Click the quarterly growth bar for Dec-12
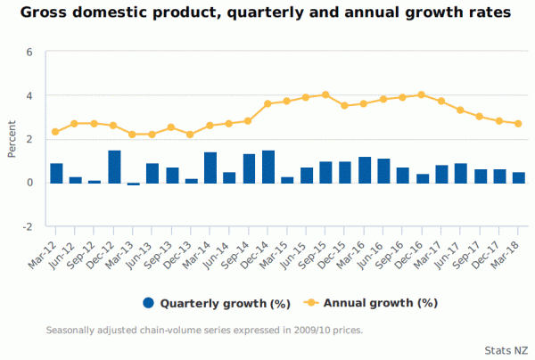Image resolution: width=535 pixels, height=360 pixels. pos(114,167)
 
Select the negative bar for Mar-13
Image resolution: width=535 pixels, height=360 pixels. pos(133,184)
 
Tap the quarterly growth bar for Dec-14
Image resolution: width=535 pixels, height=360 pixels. pos(268,167)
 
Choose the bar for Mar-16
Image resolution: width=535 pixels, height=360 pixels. pos(364,169)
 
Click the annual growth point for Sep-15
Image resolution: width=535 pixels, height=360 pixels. pos(325,94)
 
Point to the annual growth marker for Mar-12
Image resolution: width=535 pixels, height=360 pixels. pos(55,132)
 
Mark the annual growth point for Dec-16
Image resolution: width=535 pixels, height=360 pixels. pos(422,94)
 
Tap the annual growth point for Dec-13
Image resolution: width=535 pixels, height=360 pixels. pos(190,134)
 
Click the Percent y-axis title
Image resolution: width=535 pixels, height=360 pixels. pos(12,139)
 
